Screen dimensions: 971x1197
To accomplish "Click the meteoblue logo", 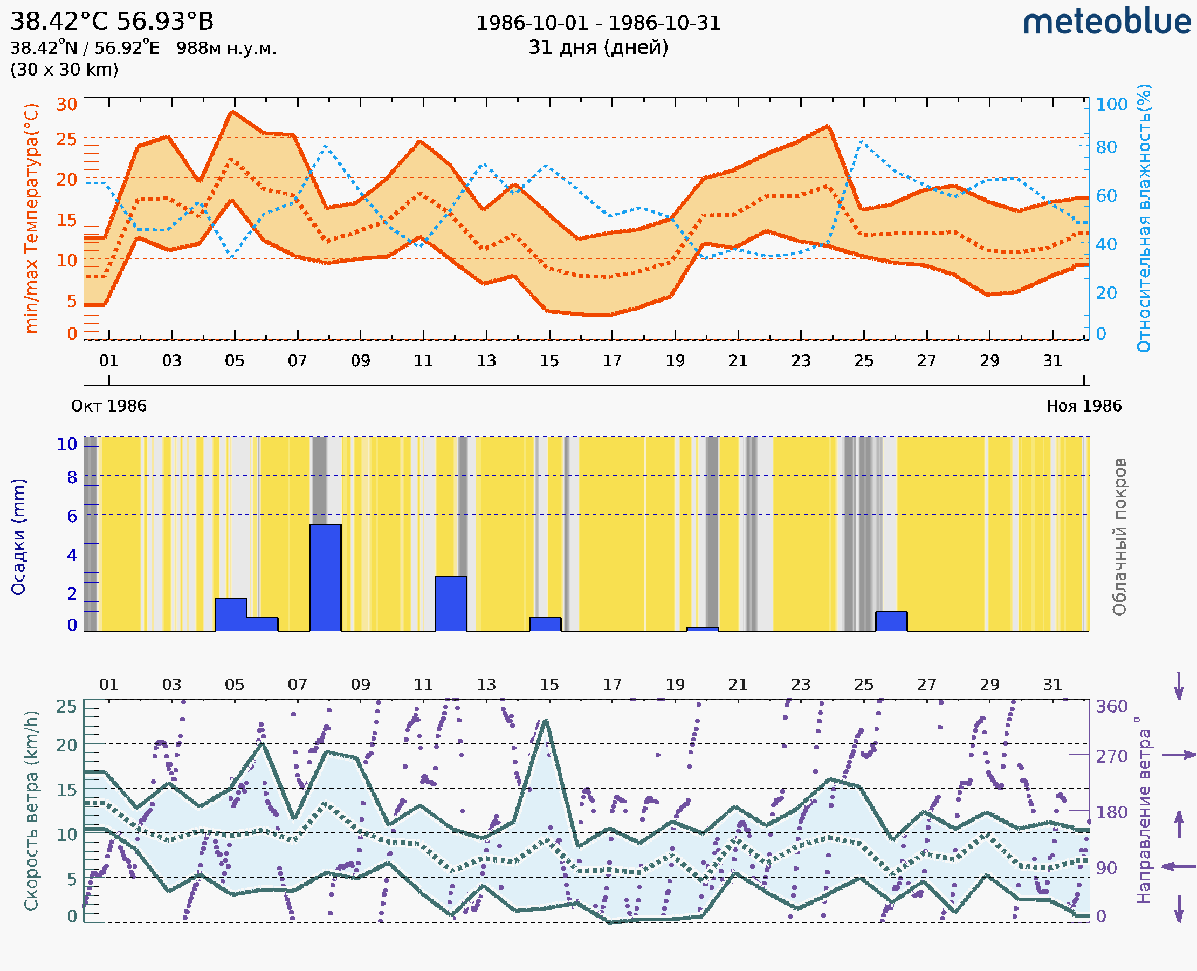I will (1106, 22).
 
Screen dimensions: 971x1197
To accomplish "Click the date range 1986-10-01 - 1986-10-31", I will (598, 23).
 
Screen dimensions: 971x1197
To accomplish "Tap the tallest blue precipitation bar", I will (325, 577).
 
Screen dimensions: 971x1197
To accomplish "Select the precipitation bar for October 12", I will (451, 603).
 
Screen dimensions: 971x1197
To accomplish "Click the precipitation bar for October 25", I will (891, 621).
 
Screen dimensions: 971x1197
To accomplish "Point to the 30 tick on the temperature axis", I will (66, 104).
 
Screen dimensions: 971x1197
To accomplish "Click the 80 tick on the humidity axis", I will (1106, 147).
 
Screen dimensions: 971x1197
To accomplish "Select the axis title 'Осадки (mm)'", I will (18, 536).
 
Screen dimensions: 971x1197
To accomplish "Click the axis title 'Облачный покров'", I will (1119, 536).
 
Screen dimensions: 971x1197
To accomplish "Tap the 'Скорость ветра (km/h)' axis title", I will (31, 810).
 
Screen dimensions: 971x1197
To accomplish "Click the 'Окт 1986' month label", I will (108, 406).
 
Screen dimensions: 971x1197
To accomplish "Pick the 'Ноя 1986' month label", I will (1084, 406).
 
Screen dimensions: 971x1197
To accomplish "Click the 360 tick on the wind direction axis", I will (1111, 707).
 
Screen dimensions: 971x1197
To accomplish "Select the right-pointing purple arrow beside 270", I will (1179, 755).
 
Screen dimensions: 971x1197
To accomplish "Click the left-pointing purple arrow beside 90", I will (1179, 866).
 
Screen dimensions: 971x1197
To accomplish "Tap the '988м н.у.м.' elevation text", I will (226, 48).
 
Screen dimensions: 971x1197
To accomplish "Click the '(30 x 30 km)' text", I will (64, 70).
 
